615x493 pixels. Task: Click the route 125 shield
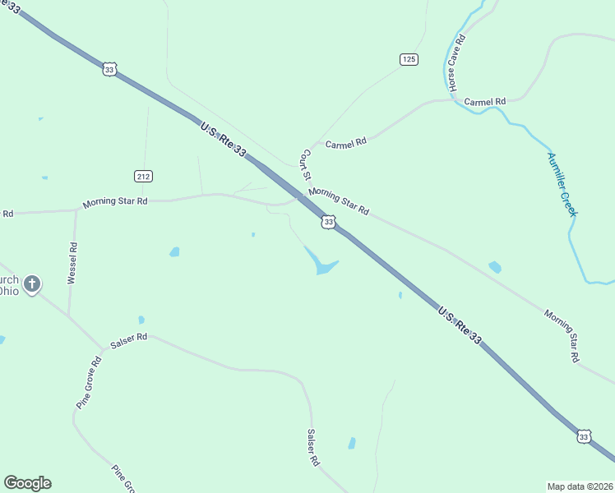click(x=409, y=58)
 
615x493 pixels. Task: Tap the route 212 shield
click(x=144, y=176)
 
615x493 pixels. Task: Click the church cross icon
click(x=32, y=284)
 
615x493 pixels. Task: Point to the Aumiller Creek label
click(x=563, y=184)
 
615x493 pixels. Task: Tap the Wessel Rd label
click(x=72, y=263)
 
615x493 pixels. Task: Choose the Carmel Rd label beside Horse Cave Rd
click(x=484, y=102)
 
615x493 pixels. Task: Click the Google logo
click(x=27, y=483)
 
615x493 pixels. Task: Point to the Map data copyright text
click(x=580, y=486)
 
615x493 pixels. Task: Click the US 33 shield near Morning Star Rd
click(x=328, y=222)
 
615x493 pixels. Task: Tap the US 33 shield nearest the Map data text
click(x=583, y=437)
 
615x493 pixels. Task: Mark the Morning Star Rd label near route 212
click(x=114, y=201)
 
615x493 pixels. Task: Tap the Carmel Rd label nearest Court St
click(x=345, y=144)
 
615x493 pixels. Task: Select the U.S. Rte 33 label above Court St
click(x=223, y=138)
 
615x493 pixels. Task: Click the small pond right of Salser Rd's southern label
click(x=352, y=443)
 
